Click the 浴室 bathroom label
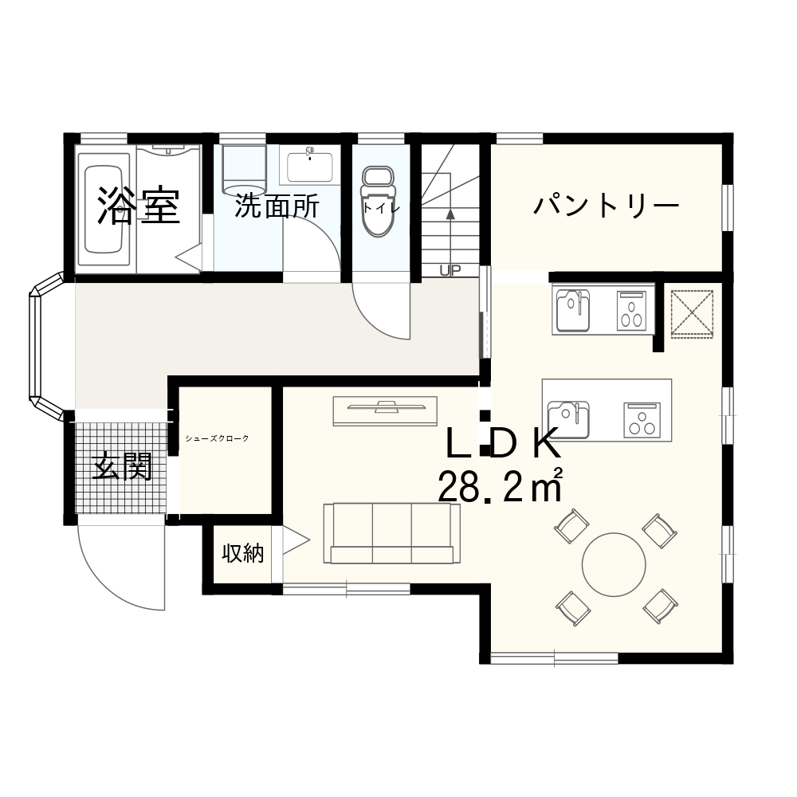coord(138,206)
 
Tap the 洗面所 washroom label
coord(277,206)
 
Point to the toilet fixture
coord(378,202)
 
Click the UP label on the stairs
coord(450,270)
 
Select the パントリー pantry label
coord(606,206)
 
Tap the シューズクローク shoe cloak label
coord(217,438)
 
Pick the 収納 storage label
coord(243,553)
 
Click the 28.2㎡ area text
coord(501,485)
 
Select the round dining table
coord(614,565)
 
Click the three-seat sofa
coord(391,533)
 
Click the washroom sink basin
coord(309,165)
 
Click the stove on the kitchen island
coord(642,419)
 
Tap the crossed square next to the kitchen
coord(692,314)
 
